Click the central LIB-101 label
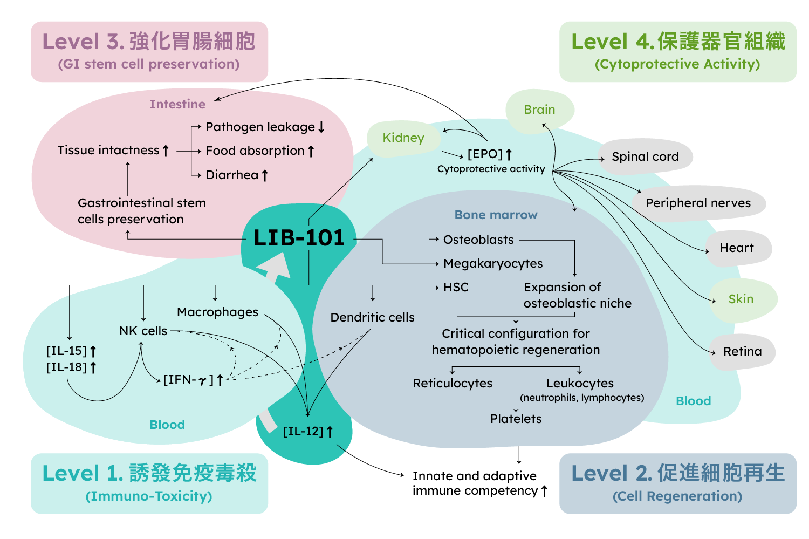[299, 238]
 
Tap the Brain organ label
[539, 110]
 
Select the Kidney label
[403, 138]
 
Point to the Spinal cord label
[645, 156]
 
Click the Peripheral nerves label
[698, 203]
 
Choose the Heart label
[737, 248]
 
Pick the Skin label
[741, 299]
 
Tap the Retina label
[742, 351]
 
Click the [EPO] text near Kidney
[485, 154]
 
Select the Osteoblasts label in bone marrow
[478, 240]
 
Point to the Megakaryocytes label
[493, 263]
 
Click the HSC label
[456, 287]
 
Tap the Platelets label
[516, 419]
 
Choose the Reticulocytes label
[453, 383]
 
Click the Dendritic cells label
[372, 317]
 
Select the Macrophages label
[217, 312]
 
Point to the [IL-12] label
[303, 431]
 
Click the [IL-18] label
[66, 367]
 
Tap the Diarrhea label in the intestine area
[232, 175]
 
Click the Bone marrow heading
[496, 215]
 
